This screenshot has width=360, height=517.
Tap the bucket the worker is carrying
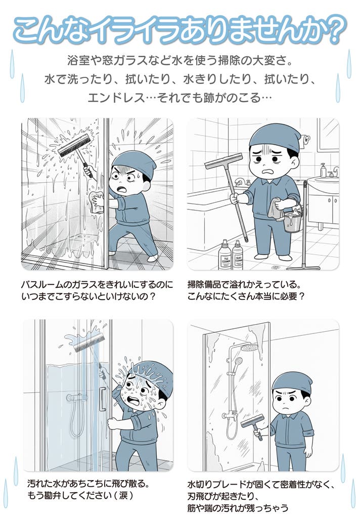[292, 219]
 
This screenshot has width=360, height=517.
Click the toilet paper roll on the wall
[306, 140]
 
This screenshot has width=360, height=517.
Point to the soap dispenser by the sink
[324, 170]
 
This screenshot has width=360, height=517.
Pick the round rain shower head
[249, 348]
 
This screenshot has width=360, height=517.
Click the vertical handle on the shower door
[103, 399]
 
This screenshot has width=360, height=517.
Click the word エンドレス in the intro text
[116, 98]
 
